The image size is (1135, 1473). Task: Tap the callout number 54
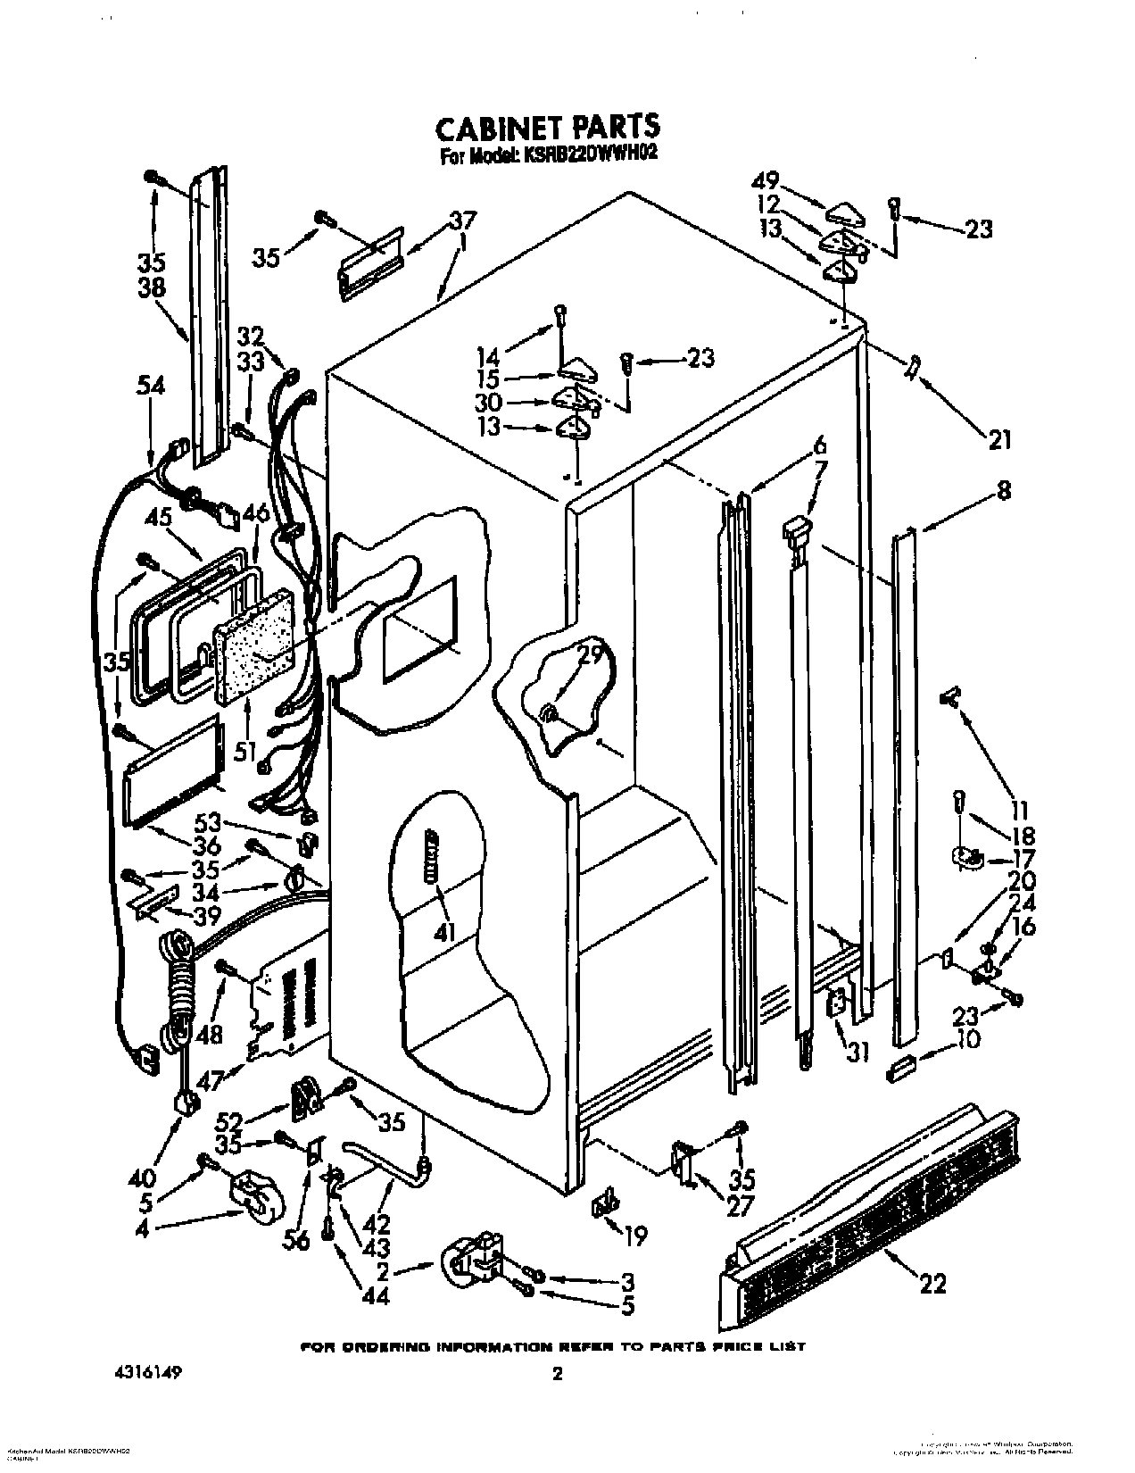pos(151,387)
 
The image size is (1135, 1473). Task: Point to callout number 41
pos(443,934)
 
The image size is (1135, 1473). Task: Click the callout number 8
pos(1004,490)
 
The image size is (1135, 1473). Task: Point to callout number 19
pos(634,1236)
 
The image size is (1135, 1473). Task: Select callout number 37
pos(462,220)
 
